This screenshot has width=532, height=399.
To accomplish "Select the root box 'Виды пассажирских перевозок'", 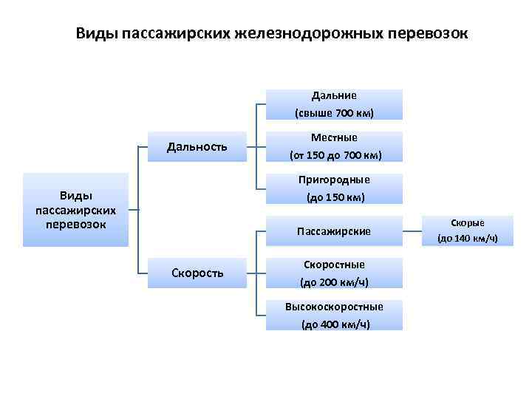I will coord(75,209).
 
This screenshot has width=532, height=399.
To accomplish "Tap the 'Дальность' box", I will coord(197,146).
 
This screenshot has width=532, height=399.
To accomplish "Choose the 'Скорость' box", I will coord(197,273).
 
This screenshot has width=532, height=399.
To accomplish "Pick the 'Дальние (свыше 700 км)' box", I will coord(334,104).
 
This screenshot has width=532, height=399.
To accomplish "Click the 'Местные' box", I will coord(334,146).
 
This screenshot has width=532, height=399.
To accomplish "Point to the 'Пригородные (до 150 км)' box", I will coord(334,188).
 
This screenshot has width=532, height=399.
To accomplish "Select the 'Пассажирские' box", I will coord(334,231).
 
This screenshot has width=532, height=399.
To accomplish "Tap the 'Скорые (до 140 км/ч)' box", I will coord(467,230).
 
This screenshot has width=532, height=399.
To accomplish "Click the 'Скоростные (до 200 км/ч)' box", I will coord(334,273).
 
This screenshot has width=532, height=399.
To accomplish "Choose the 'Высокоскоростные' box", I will coord(334,315).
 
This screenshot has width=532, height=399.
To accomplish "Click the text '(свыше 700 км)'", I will coord(334,113).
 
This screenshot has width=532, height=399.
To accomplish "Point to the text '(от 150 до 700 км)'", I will coord(334,155).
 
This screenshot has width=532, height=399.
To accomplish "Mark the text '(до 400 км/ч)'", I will coord(334,324).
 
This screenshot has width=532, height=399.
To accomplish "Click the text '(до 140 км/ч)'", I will coord(467,238).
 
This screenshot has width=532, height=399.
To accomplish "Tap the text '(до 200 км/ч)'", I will coord(334,282).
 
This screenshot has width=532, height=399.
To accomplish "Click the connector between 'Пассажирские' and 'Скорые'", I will coord(412,231).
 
